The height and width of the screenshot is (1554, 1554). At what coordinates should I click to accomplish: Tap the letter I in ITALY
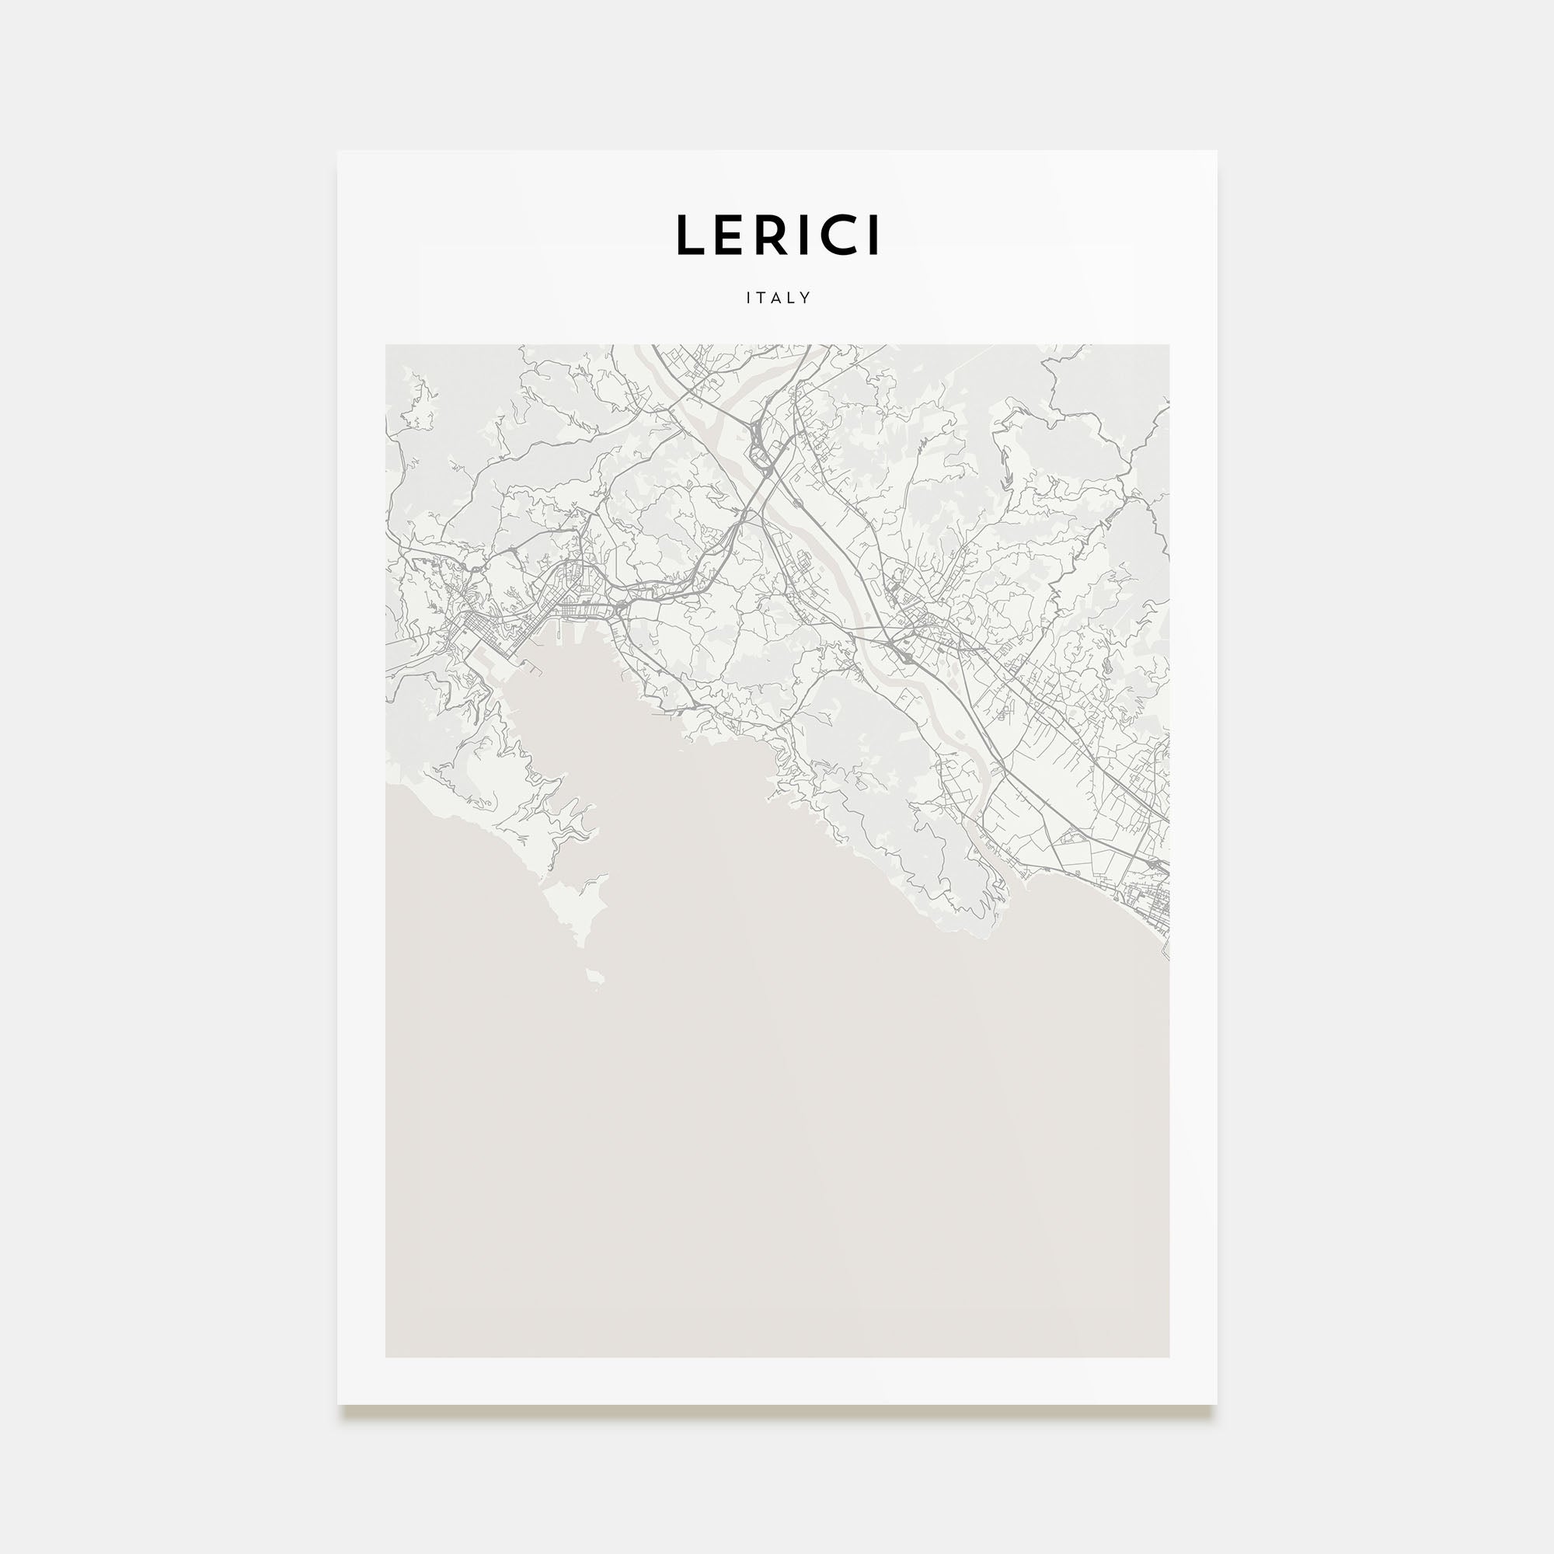coord(749,298)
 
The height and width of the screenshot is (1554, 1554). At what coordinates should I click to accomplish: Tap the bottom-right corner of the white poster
coord(1215,1404)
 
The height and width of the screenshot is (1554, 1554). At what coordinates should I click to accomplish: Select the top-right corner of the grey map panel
coord(1169,346)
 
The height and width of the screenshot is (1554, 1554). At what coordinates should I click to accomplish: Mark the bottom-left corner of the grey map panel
coord(386,1357)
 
